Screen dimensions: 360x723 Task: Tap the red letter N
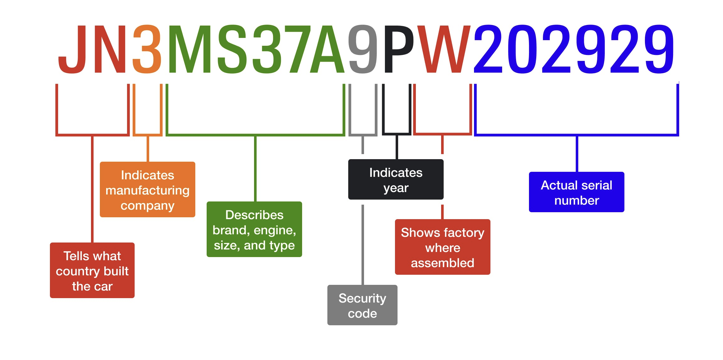110,49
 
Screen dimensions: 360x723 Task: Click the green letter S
232,49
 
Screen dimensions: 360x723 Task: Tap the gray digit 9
363,49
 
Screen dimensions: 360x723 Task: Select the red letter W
444,49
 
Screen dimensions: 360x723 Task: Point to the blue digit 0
522,49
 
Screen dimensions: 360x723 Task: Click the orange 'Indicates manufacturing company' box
148,189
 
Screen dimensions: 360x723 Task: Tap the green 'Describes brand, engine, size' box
254,229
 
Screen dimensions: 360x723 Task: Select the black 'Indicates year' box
396,179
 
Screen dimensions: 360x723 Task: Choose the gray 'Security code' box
362,305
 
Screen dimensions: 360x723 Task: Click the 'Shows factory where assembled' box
442,247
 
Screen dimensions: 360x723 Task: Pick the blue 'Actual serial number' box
577,192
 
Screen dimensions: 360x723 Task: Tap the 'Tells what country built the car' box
92,270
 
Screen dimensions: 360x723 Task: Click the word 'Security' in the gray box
362,298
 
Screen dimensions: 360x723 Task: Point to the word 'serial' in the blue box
597,185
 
